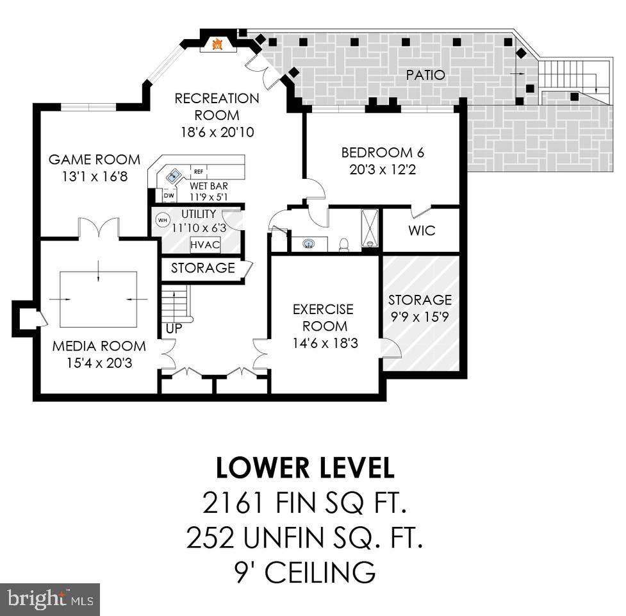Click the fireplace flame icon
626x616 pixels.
point(217,44)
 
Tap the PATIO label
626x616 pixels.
point(425,75)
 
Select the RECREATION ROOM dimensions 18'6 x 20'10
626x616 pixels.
point(217,132)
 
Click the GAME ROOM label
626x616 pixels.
point(94,160)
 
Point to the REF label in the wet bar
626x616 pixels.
point(199,172)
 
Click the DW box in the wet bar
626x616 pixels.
point(169,196)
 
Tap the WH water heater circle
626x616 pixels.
point(163,220)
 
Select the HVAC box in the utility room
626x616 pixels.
point(205,245)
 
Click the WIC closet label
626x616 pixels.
point(421,230)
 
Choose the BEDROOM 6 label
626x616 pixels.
point(383,153)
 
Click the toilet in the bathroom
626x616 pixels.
point(343,244)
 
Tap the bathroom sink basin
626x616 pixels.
point(309,244)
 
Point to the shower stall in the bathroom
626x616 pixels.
point(370,228)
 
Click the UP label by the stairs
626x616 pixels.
point(174,328)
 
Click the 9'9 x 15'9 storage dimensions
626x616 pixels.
point(420,317)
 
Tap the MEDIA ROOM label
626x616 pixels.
point(99,346)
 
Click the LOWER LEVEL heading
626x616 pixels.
point(305,469)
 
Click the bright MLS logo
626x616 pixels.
point(49,599)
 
